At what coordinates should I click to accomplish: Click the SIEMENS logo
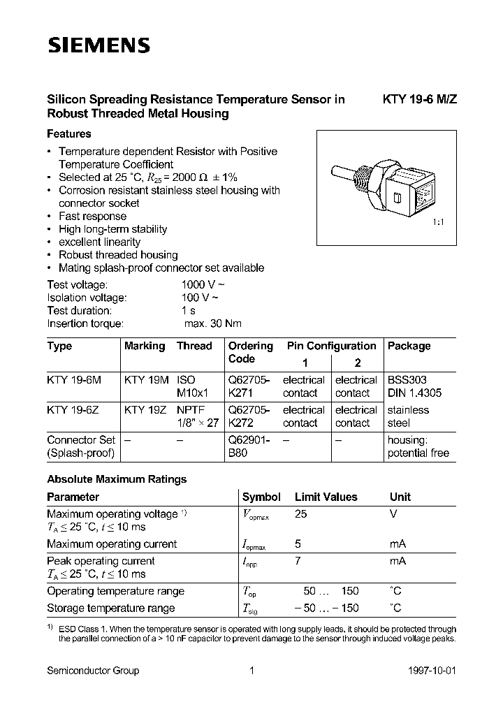point(99,46)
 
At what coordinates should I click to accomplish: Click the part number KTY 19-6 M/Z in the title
point(420,100)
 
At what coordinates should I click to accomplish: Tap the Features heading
point(68,133)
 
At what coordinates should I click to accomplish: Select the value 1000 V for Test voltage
point(203,285)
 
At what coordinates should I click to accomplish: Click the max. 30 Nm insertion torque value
point(213,323)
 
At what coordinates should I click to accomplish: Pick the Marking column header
point(145,346)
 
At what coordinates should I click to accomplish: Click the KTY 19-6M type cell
point(74,380)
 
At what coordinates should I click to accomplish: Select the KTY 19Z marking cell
point(146,410)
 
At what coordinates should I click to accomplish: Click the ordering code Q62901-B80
point(251,446)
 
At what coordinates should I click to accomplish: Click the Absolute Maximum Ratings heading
point(117,480)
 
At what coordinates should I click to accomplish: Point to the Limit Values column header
point(326,497)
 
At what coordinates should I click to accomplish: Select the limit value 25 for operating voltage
point(302,514)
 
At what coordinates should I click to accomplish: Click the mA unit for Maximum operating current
point(398,544)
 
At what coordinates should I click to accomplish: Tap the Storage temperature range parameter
point(110,608)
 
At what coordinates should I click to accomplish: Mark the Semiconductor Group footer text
point(93,671)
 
